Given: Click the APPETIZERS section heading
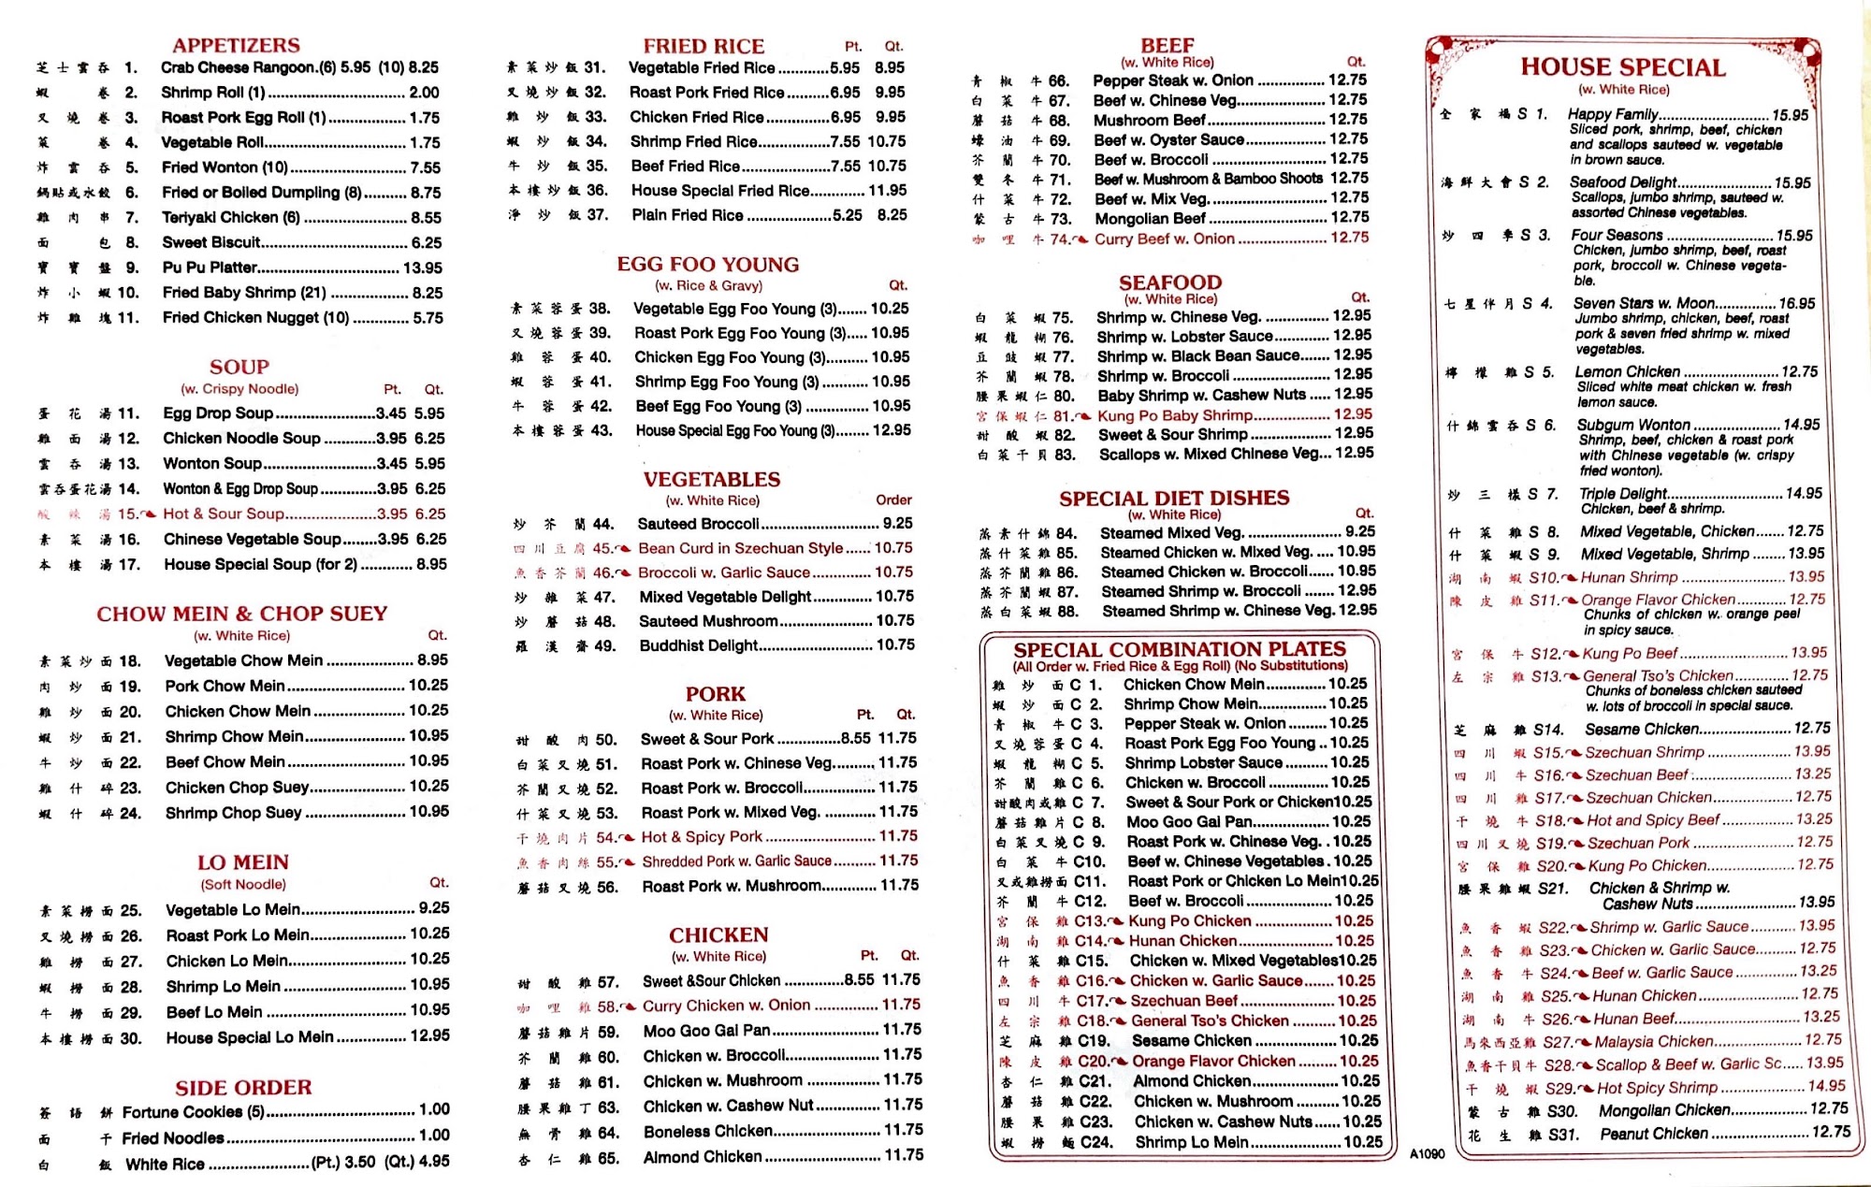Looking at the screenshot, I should coord(236,45).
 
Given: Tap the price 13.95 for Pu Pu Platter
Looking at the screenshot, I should coord(423,268).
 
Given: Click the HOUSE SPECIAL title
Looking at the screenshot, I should coord(1623,67).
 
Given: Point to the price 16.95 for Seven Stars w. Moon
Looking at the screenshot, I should coord(1796,303).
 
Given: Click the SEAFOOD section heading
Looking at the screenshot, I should coord(1170,282).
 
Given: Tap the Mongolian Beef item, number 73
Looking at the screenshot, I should coord(1150,218).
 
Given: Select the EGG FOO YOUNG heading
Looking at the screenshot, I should coord(707,265).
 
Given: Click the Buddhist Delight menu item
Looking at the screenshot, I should coord(698,645).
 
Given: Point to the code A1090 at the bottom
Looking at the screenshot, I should coord(1427,1154).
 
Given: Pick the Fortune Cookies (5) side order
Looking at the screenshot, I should coord(193,1112).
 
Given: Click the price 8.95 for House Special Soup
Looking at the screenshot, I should coord(431,564).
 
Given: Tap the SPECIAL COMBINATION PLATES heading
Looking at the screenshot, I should coord(1180,649).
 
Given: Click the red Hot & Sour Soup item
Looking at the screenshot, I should coord(224,514).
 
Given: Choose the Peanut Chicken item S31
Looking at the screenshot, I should coord(1653,1133).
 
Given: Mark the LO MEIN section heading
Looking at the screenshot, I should coord(242,862).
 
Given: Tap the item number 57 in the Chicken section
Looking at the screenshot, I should coord(608,982).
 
